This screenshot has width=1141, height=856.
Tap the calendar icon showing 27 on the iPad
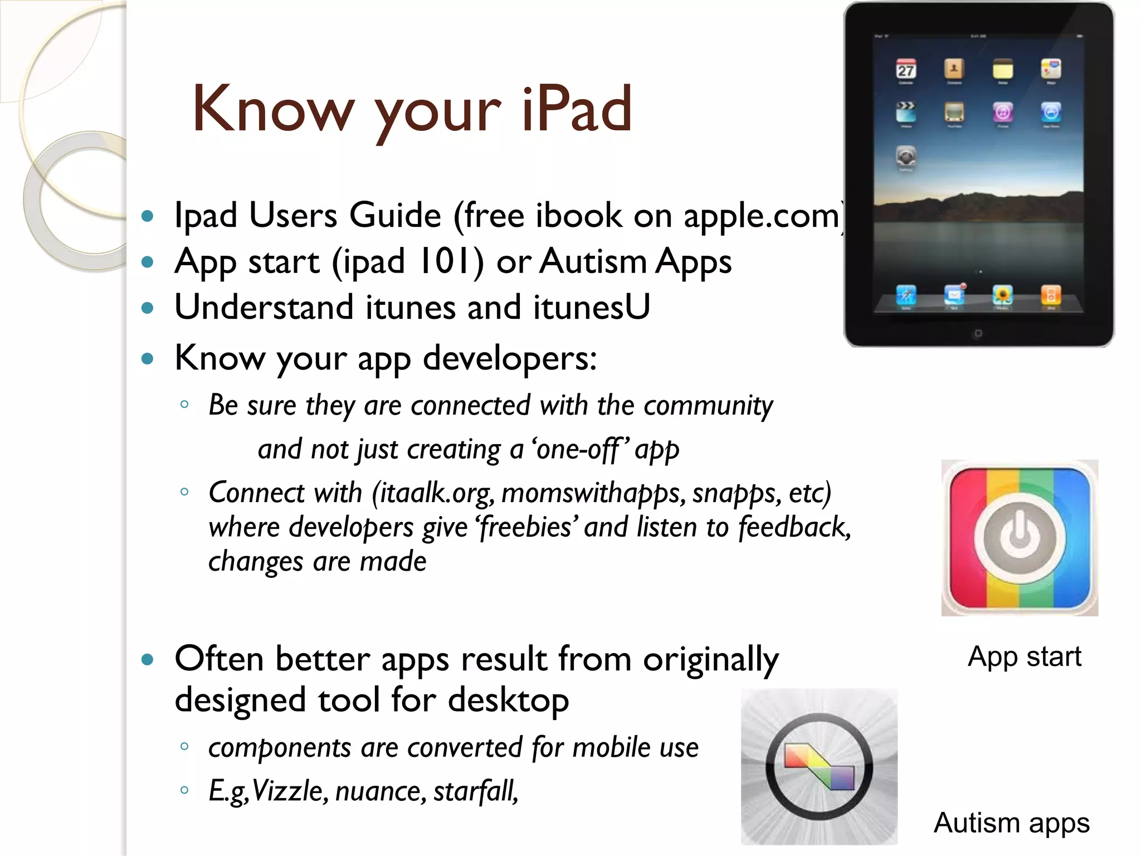(906, 70)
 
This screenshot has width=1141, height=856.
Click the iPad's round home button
(978, 333)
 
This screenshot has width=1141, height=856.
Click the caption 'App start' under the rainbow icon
(1024, 656)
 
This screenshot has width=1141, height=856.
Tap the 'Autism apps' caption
(1011, 823)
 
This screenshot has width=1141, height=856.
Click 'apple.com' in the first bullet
(761, 216)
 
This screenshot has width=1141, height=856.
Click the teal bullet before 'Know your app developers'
(147, 358)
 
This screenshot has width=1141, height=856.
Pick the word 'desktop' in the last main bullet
(508, 700)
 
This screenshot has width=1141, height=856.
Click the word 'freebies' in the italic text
(525, 527)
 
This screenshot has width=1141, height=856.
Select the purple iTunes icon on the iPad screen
(1002, 113)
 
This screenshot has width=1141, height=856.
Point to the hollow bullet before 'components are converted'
(184, 746)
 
